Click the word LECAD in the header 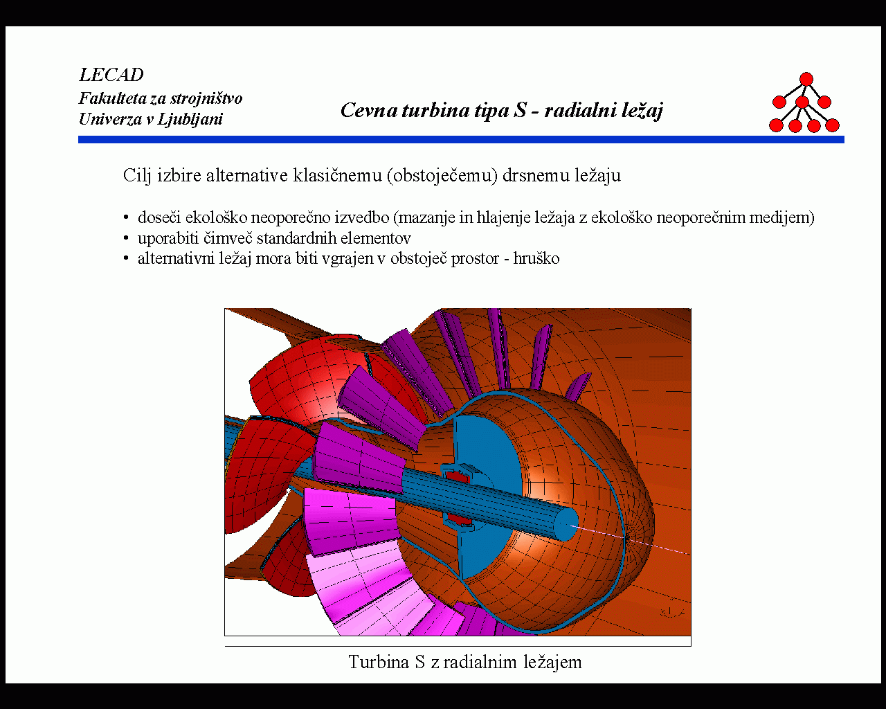[x=111, y=75]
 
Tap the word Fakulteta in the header [x=112, y=98]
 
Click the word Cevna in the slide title [x=369, y=110]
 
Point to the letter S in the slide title [x=520, y=110]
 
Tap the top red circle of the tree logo [x=806, y=79]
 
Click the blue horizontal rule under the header [x=461, y=140]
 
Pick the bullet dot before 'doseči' [x=126, y=217]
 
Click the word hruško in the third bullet [x=536, y=259]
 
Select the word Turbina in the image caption [x=379, y=663]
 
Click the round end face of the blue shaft [x=566, y=524]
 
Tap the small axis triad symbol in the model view [x=672, y=613]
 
